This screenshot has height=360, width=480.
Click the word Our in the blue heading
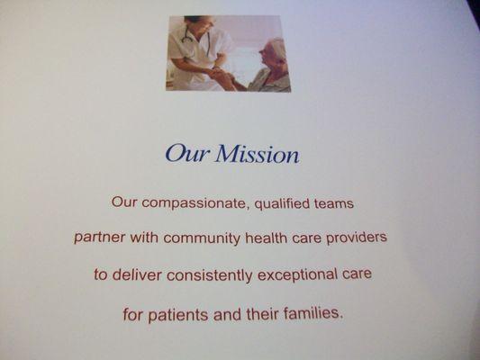click(187, 154)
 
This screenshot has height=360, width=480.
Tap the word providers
click(353, 238)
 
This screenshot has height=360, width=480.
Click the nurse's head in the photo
click(195, 23)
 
